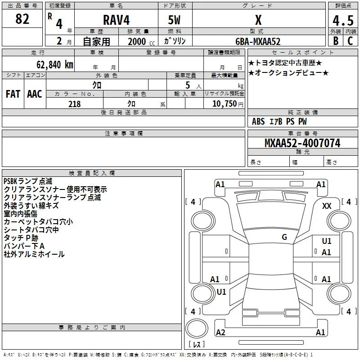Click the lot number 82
pos(22,19)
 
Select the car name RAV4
pos(116,20)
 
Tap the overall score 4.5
pos(343,21)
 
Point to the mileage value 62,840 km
pos(55,65)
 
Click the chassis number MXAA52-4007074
pos(302,143)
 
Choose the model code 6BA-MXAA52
pos(258,41)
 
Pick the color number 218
pos(74,104)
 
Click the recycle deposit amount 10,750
pos(224,104)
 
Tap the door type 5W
pos(174,20)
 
